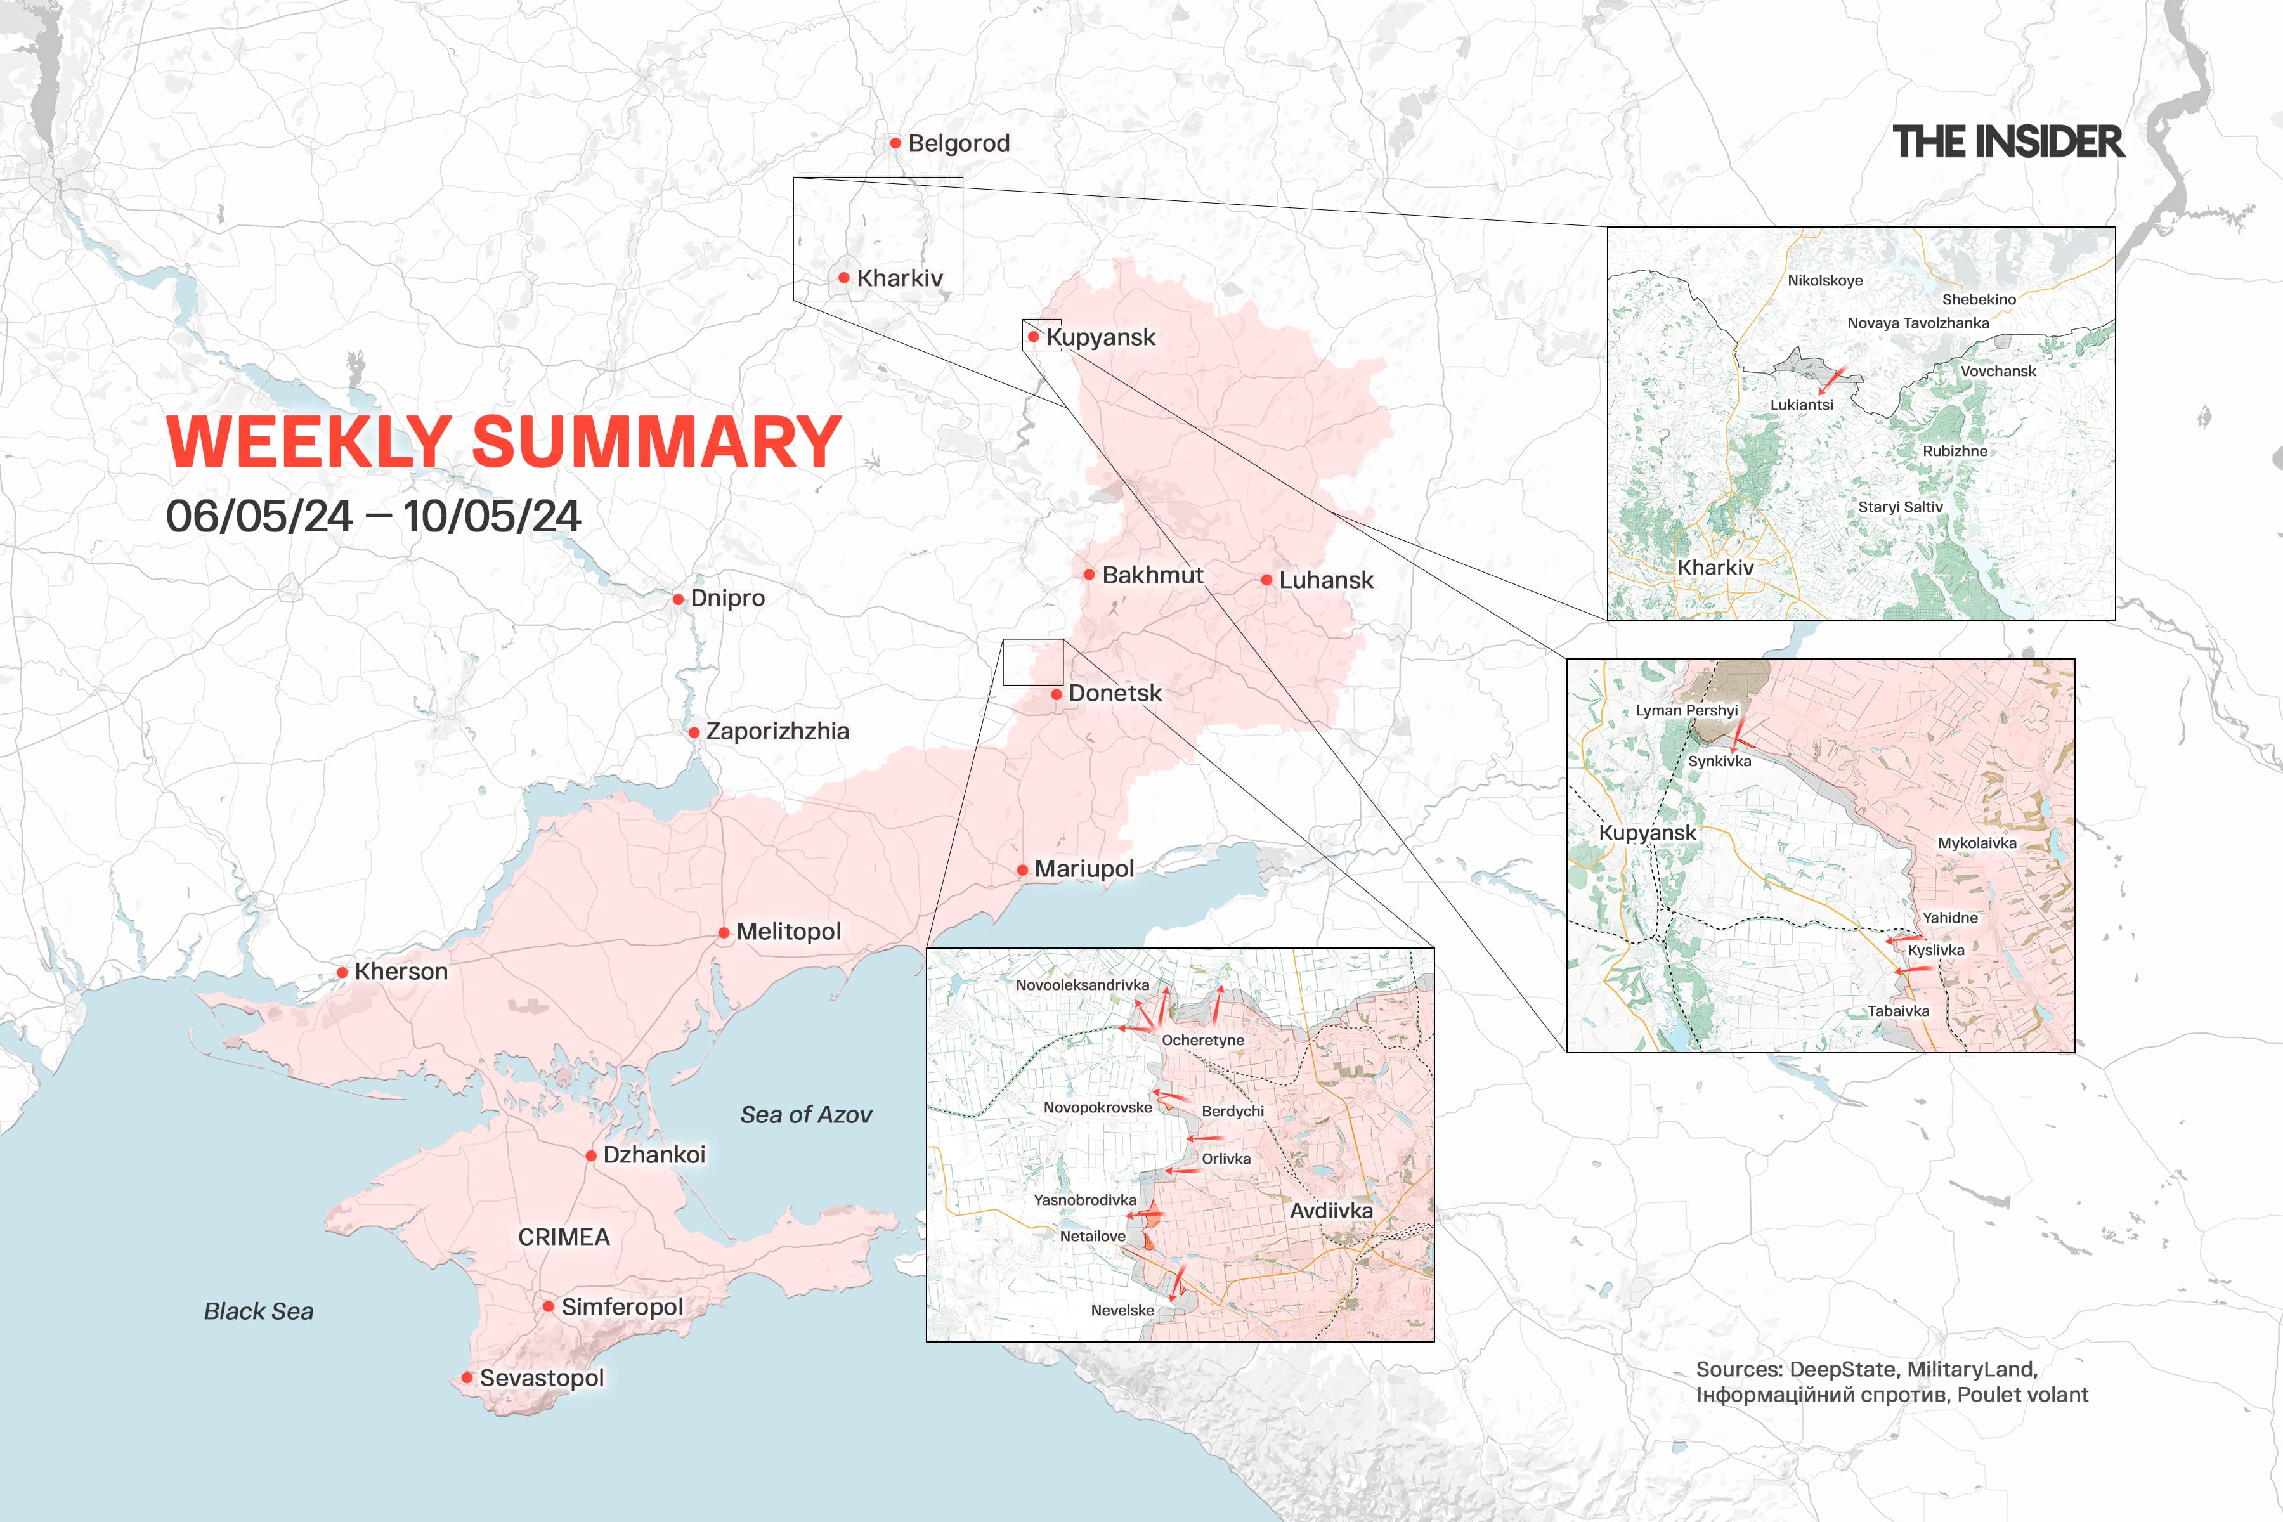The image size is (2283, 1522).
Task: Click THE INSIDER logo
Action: [2007, 141]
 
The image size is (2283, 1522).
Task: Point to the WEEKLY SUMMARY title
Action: [503, 441]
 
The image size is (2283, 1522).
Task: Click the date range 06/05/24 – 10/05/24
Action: [373, 516]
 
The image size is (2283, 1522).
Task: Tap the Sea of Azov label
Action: [805, 1114]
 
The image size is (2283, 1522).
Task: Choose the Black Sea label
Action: [258, 1311]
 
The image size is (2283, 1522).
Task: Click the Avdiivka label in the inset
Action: [1330, 1211]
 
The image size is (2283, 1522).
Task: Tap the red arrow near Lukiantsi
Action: [1831, 379]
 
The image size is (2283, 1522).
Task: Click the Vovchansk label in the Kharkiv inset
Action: [1998, 372]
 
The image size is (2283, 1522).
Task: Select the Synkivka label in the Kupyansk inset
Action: [1719, 761]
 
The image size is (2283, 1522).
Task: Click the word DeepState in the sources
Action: [1842, 1370]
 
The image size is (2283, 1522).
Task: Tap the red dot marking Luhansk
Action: [1266, 580]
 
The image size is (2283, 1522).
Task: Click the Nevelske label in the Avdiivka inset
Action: [1122, 1310]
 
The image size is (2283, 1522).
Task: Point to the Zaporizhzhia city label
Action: [776, 731]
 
